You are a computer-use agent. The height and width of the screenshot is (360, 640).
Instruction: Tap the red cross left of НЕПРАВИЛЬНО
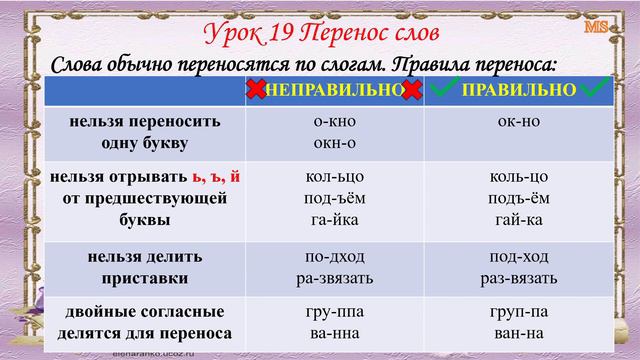(x=255, y=90)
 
